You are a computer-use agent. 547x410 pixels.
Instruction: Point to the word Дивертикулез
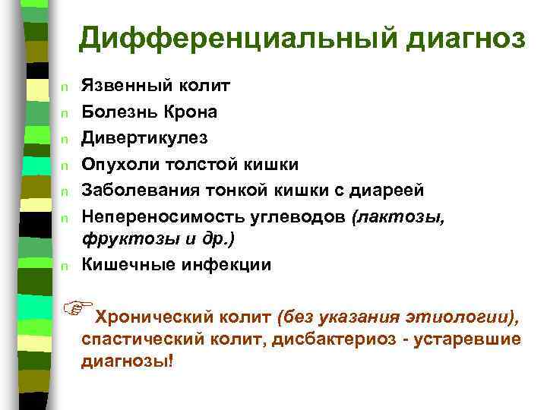pos(144,138)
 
